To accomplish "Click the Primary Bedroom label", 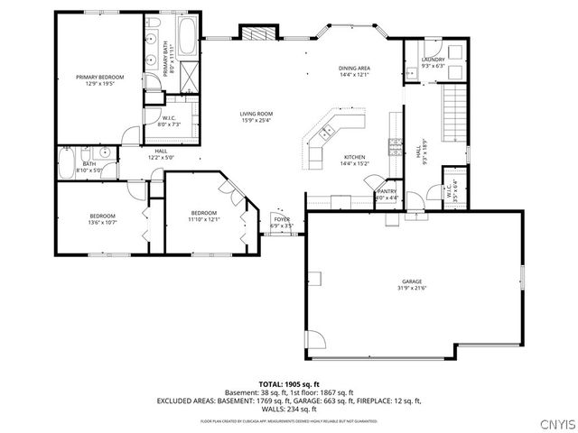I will coord(99,78).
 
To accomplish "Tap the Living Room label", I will coord(256,114).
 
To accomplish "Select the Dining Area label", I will coord(354,69).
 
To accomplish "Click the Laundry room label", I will coord(433,60).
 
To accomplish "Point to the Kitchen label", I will coord(353,157).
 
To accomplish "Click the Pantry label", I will coord(387,191).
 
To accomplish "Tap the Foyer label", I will coord(283,219).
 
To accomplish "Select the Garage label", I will coord(413,281).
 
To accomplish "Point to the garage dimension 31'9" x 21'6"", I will coord(413,289).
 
